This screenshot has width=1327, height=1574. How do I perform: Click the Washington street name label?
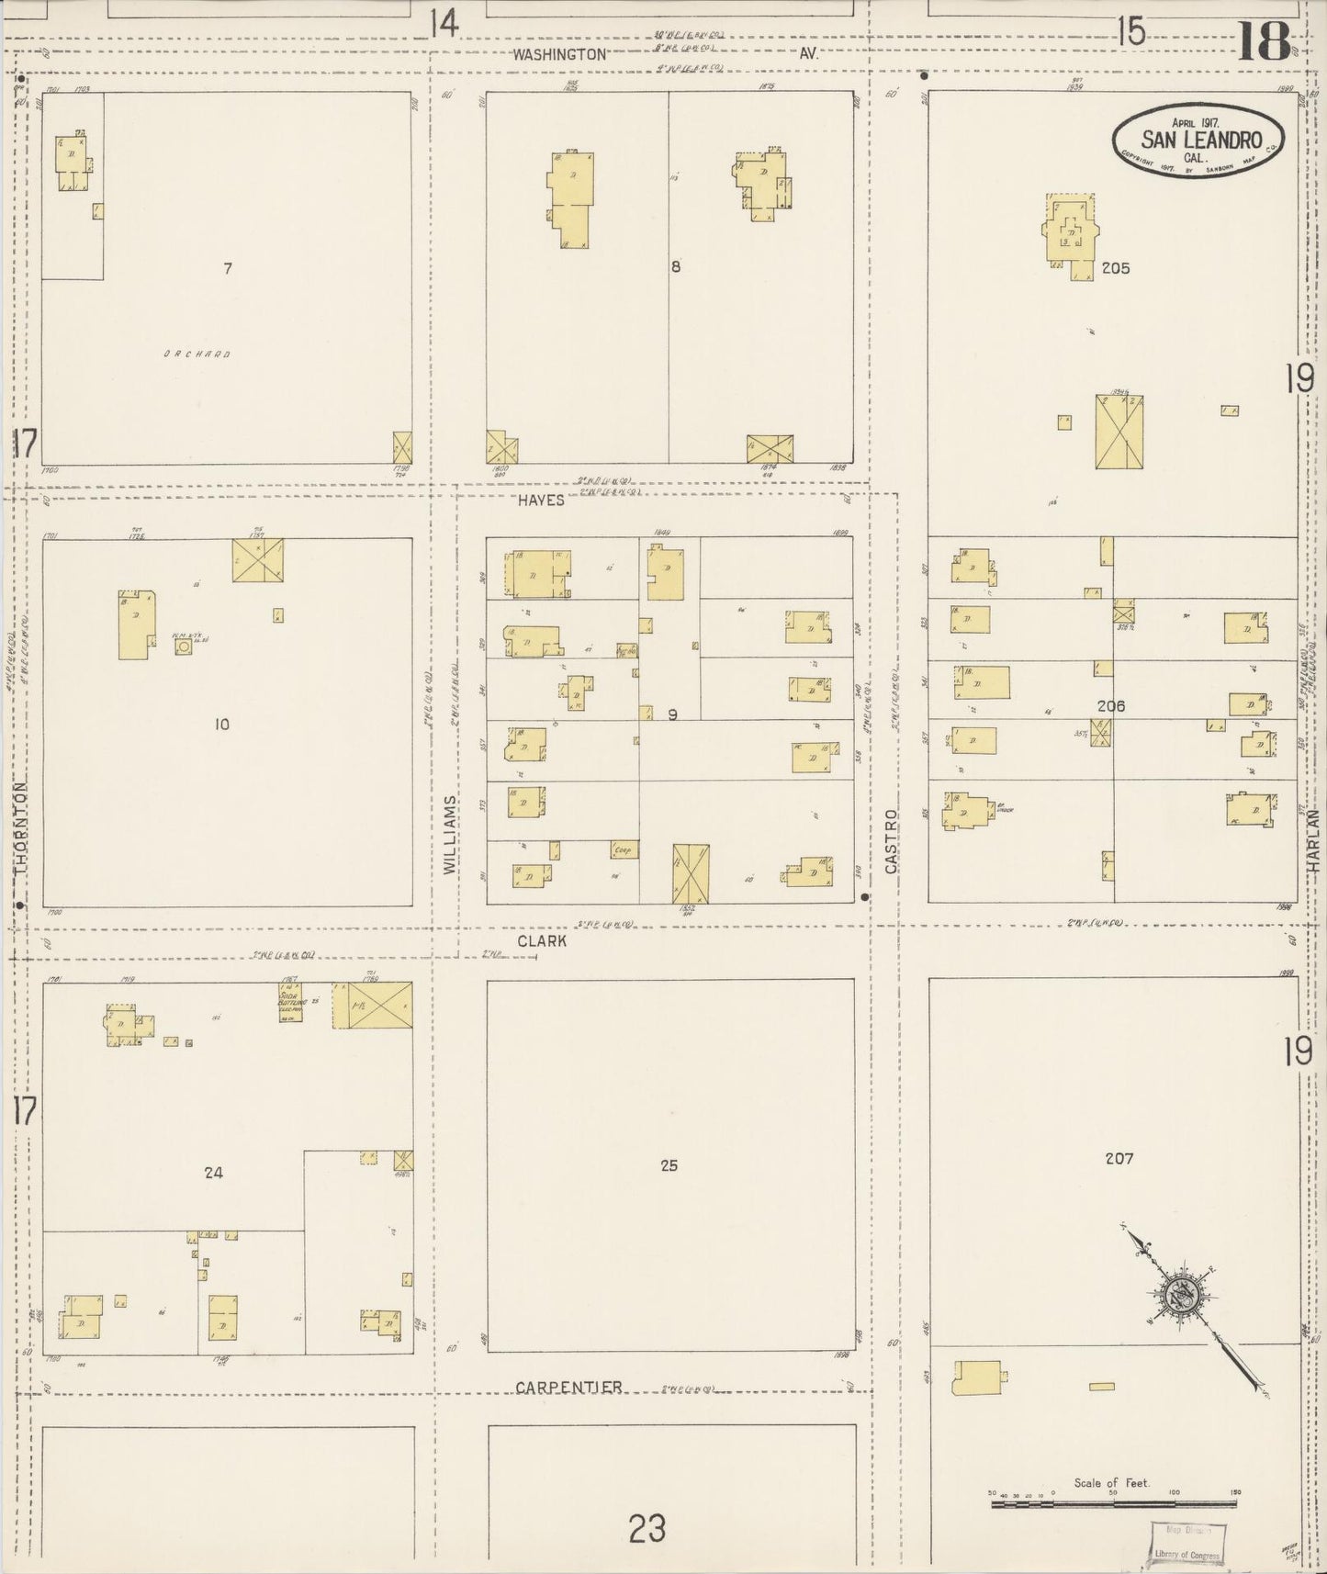pyautogui.click(x=559, y=54)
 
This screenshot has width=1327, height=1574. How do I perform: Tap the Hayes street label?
pyautogui.click(x=541, y=500)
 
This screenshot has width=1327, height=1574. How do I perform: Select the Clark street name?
pyautogui.click(x=541, y=941)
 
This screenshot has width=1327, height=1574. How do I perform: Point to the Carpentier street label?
pyautogui.click(x=568, y=1388)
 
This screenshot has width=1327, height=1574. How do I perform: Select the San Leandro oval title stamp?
pyautogui.click(x=1198, y=141)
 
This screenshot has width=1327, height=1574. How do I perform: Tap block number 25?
pyautogui.click(x=669, y=1165)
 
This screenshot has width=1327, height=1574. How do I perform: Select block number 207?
pyautogui.click(x=1119, y=1159)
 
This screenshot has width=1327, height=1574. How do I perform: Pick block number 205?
pyautogui.click(x=1116, y=269)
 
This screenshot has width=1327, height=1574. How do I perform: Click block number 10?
pyautogui.click(x=221, y=725)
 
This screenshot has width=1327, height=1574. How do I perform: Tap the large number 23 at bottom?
pyautogui.click(x=647, y=1530)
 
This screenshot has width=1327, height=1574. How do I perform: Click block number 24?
pyautogui.click(x=213, y=1172)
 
